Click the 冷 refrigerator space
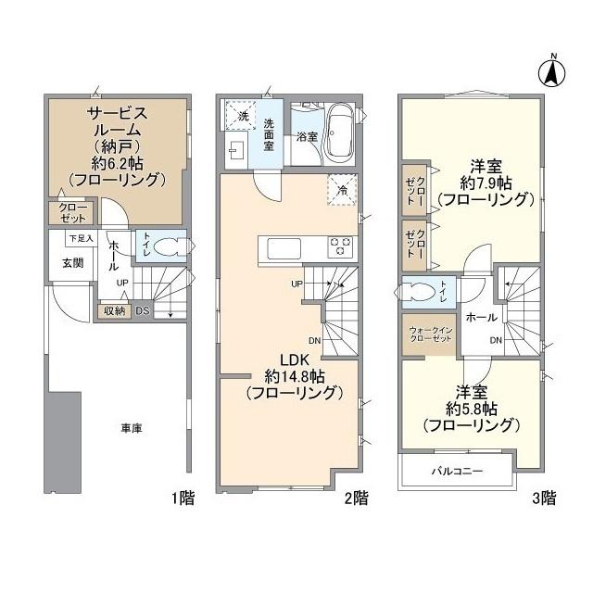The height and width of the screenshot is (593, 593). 342,190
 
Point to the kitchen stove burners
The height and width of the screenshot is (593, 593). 340,247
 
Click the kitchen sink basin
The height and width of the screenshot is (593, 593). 284,248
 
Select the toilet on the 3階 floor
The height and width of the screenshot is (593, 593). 418,292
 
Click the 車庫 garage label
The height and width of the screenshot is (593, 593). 132,428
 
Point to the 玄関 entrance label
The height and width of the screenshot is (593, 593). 72,263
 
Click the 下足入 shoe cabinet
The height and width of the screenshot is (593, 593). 81,239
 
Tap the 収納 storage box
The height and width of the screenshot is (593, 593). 114,311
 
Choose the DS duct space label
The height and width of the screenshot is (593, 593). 143,311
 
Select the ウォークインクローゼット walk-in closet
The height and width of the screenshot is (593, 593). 429,334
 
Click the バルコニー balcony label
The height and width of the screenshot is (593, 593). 457,472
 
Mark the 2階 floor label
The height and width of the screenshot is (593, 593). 356,498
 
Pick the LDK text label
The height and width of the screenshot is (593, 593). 295,360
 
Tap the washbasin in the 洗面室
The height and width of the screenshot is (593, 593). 237,150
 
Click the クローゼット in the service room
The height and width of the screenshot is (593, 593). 72,213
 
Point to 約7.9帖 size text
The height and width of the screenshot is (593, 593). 486,183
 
